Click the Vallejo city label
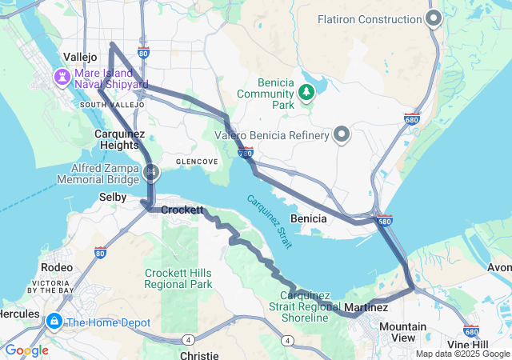pyautogui.click(x=80, y=58)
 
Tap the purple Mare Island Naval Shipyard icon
pyautogui.click(x=62, y=78)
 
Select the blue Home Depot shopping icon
pyautogui.click(x=54, y=322)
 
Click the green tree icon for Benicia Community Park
pyautogui.click(x=306, y=94)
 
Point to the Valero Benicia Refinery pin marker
pyautogui.click(x=342, y=134)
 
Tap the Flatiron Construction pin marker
pyautogui.click(x=434, y=18)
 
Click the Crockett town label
pyautogui.click(x=181, y=210)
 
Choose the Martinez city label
pyautogui.click(x=366, y=307)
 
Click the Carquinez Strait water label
pyautogui.click(x=270, y=221)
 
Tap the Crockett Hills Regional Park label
pyautogui.click(x=178, y=278)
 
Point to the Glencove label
pyautogui.click(x=197, y=162)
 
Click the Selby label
pyautogui.click(x=113, y=197)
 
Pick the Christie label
pyautogui.click(x=199, y=354)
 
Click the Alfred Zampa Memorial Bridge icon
pyautogui.click(x=153, y=171)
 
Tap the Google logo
pyautogui.click(x=26, y=350)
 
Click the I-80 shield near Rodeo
pyautogui.click(x=99, y=251)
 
